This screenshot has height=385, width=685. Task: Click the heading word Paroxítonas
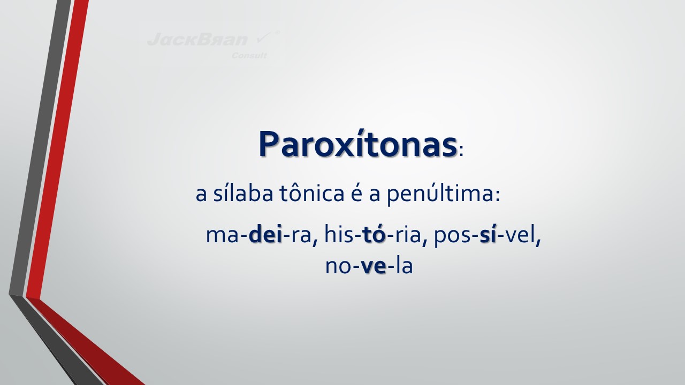pyautogui.click(x=358, y=144)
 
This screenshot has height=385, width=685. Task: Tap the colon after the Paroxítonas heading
pyautogui.click(x=461, y=151)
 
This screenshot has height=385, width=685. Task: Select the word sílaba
pyautogui.click(x=243, y=194)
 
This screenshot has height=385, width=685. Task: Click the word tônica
pyautogui.click(x=312, y=194)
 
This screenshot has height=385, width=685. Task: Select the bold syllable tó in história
pyautogui.click(x=374, y=235)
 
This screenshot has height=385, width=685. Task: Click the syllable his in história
pyautogui.click(x=339, y=235)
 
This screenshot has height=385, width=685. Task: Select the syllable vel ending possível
pyautogui.click(x=520, y=235)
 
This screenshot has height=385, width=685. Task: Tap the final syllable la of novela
pyautogui.click(x=404, y=265)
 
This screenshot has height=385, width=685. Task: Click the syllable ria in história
pyautogui.click(x=408, y=235)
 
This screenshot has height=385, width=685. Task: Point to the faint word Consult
pyautogui.click(x=249, y=56)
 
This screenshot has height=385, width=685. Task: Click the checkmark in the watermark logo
pyautogui.click(x=263, y=37)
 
